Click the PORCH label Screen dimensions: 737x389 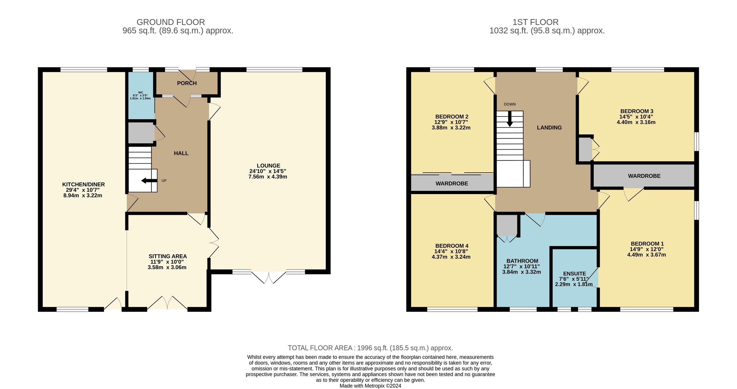187,83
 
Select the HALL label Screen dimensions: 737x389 181,153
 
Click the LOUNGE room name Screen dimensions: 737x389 268,166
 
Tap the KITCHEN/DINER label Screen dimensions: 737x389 84,184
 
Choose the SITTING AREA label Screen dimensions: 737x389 168,256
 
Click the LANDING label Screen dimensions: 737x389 549,128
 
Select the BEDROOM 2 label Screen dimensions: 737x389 452,117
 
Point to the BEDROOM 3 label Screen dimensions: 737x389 637,111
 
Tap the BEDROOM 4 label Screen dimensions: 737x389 452,246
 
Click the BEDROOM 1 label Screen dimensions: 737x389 647,244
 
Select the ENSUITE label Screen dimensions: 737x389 574,274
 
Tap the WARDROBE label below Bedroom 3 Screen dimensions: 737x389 644,176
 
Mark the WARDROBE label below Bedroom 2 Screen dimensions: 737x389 452,184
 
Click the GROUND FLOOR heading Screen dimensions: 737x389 171,22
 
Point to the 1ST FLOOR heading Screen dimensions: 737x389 535,22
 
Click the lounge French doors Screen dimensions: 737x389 269,277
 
